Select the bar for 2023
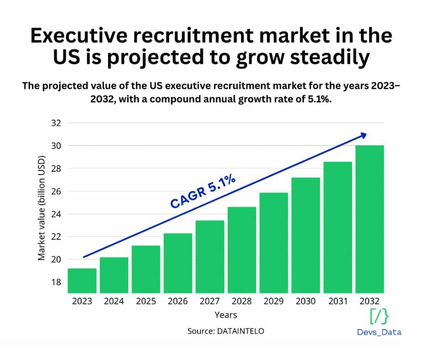tap(83, 281)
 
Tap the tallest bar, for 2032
tap(369, 219)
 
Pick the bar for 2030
tap(306, 235)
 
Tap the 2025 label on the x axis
tap(146, 301)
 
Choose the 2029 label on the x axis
tap(274, 301)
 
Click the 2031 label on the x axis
tap(338, 301)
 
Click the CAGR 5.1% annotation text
tap(203, 191)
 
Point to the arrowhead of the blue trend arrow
tap(363, 135)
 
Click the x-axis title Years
tap(226, 315)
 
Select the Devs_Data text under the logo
tap(379, 332)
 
